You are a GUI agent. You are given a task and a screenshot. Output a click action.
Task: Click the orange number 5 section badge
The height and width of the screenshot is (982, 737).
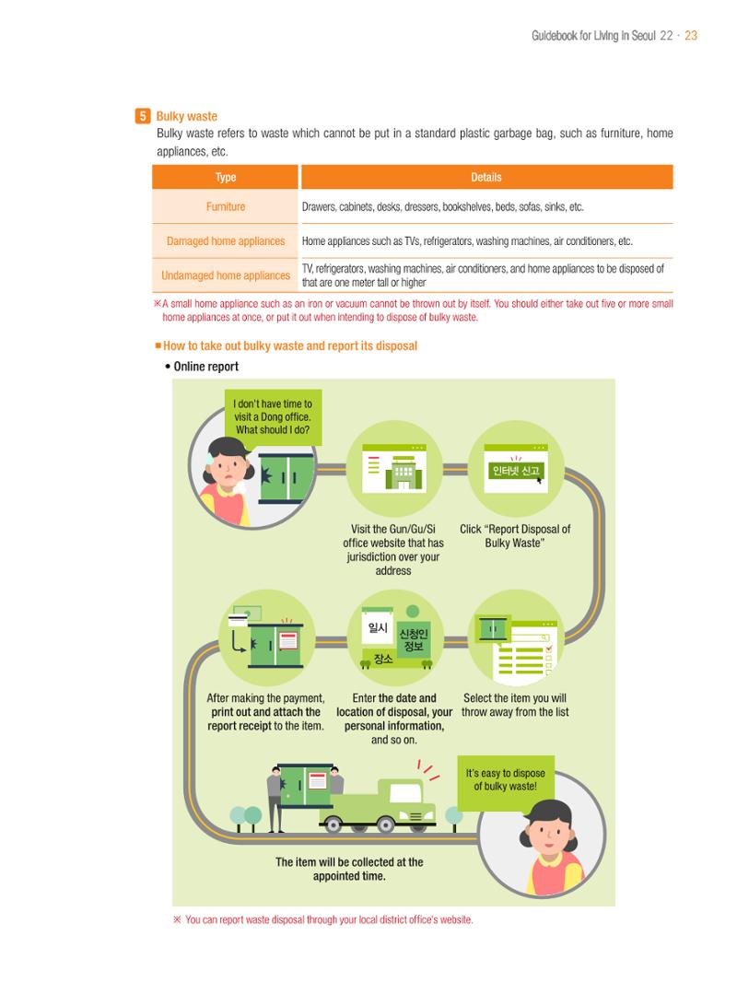[x=143, y=116]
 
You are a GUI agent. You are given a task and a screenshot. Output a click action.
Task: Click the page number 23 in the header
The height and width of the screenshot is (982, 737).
[x=691, y=36]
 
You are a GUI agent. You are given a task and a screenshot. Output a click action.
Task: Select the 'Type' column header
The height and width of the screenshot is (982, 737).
[x=226, y=177]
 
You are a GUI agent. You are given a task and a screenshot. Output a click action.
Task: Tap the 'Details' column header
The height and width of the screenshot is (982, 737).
[x=486, y=177]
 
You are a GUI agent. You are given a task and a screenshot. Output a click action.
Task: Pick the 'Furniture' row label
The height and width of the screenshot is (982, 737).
[x=226, y=206]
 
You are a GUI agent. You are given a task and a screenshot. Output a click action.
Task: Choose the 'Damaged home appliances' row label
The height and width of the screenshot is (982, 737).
[x=226, y=241]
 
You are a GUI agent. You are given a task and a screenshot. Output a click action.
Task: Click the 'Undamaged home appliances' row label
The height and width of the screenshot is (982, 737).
[x=226, y=275]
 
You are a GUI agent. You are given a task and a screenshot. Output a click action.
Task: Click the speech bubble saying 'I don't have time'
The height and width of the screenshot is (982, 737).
[x=273, y=417]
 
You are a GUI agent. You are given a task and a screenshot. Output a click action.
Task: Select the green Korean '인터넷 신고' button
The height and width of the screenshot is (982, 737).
[x=516, y=471]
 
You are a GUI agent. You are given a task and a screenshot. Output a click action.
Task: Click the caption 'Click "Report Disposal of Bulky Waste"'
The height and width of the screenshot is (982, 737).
[x=515, y=536]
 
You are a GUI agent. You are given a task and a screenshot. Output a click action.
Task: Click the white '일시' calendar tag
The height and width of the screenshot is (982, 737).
[x=378, y=627]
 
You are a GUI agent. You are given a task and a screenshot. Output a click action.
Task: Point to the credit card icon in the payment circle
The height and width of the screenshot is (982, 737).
[x=238, y=620]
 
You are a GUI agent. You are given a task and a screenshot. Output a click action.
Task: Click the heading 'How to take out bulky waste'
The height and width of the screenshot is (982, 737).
[x=290, y=345]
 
